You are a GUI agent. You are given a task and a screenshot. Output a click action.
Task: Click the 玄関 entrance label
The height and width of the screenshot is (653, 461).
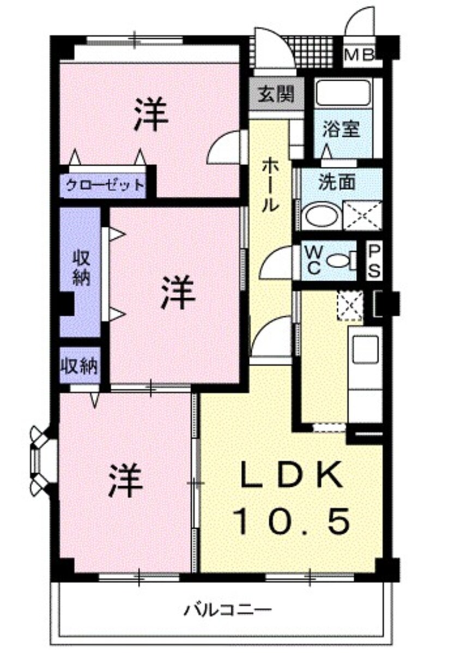(276, 94)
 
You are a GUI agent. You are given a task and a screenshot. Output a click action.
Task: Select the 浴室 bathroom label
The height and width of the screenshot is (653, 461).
(341, 130)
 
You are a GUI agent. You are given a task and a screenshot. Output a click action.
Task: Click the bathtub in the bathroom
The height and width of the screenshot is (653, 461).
(343, 93)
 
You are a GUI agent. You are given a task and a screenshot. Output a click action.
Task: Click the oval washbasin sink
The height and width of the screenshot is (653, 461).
(323, 215)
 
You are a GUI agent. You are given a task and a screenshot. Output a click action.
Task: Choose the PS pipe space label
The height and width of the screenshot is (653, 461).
(374, 261)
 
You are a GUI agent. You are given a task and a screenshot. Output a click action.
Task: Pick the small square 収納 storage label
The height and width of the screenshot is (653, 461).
(80, 366)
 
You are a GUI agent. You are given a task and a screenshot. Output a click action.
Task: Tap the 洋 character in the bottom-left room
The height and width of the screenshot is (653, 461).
(126, 481)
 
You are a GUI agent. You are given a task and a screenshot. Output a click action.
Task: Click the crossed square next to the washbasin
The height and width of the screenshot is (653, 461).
(362, 215)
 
